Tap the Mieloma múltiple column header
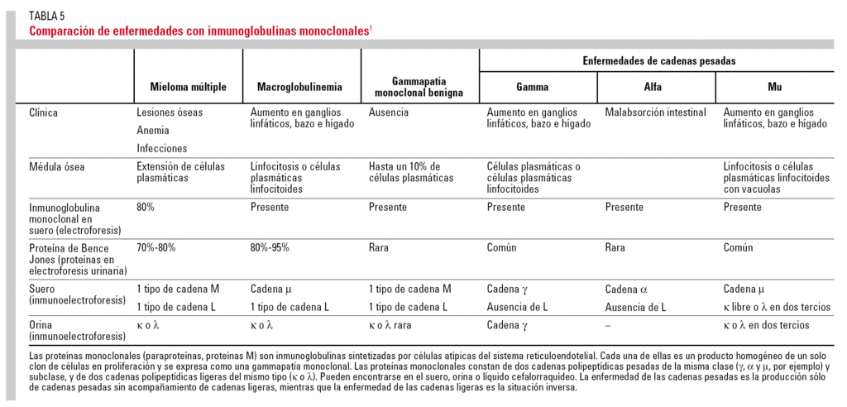pyautogui.click(x=188, y=87)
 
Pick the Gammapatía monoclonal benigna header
pyautogui.click(x=419, y=87)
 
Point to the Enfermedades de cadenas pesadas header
pyautogui.click(x=658, y=61)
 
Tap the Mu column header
pyautogui.click(x=774, y=87)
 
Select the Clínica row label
pyautogui.click(x=43, y=113)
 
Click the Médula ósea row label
pyautogui.click(x=56, y=166)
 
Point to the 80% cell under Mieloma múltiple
pyautogui.click(x=146, y=208)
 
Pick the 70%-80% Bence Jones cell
pyautogui.click(x=156, y=247)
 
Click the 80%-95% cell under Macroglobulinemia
pyautogui.click(x=270, y=247)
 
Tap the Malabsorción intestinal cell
pyautogui.click(x=655, y=113)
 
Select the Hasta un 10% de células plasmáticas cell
pyautogui.click(x=411, y=172)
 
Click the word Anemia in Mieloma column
pyautogui.click(x=153, y=130)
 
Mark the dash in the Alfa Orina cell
pyautogui.click(x=608, y=326)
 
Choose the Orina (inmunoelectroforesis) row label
pyautogui.click(x=66, y=331)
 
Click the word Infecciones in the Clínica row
pyautogui.click(x=162, y=148)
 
